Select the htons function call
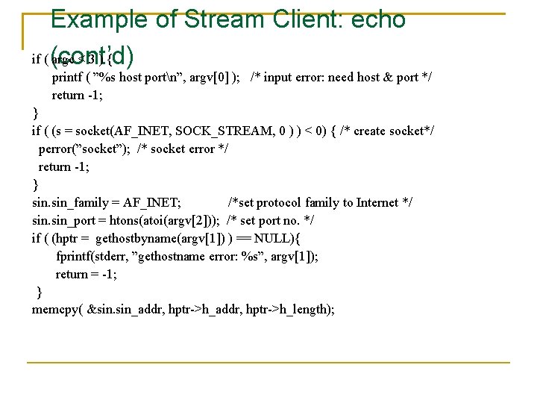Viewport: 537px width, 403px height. click(x=125, y=221)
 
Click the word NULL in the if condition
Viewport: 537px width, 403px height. click(x=274, y=239)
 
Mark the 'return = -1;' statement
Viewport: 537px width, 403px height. click(x=86, y=275)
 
